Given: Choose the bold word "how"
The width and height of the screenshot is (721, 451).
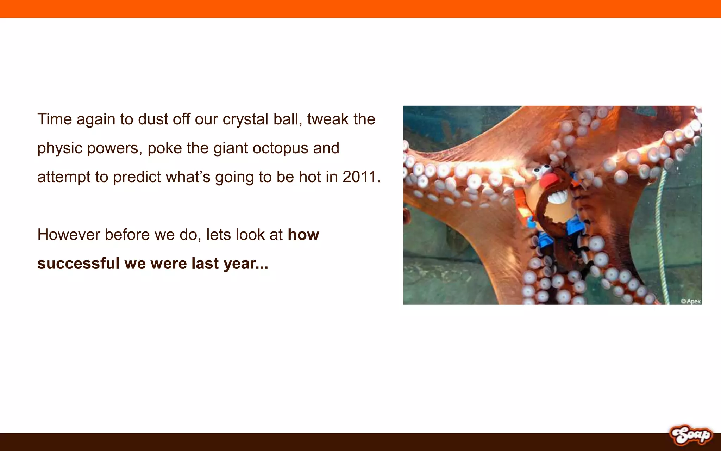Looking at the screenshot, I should tap(303, 235).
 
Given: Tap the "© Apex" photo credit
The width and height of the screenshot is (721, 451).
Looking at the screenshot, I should tap(690, 301).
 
